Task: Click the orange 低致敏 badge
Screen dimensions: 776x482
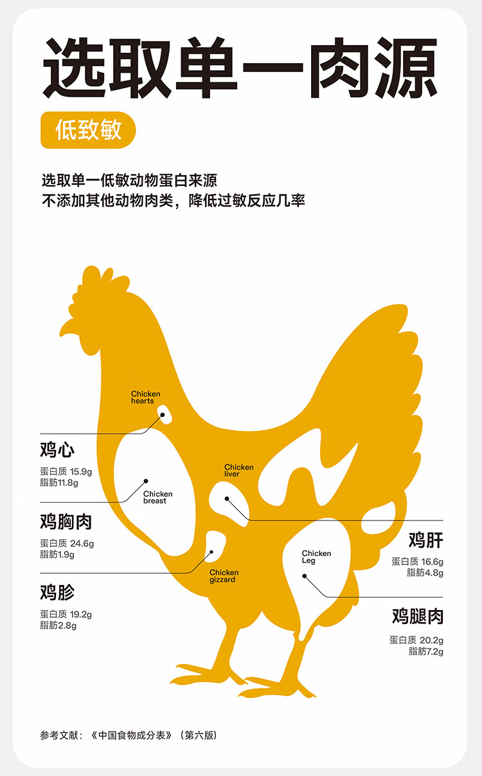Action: (88, 131)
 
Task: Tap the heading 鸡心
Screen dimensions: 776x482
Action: (57, 449)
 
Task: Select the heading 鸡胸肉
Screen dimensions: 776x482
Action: (66, 521)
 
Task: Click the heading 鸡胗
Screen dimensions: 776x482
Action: (57, 591)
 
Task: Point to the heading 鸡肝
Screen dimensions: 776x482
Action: (426, 539)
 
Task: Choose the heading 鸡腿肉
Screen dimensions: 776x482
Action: (418, 616)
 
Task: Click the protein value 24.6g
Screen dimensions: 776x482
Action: (82, 543)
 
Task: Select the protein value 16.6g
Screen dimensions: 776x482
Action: (433, 562)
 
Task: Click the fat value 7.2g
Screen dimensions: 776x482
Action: (434, 651)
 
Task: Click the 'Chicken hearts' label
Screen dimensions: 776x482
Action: (145, 398)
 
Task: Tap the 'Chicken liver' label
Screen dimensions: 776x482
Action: (238, 470)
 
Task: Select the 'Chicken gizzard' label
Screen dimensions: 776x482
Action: (223, 576)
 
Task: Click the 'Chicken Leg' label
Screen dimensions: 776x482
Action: (316, 557)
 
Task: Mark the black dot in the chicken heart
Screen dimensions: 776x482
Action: (163, 415)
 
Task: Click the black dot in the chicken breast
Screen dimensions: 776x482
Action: (146, 481)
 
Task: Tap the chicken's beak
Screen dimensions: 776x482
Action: (66, 327)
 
